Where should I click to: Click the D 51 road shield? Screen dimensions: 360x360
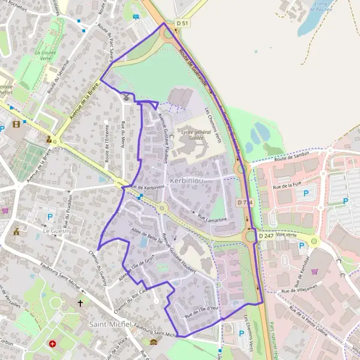click(x=182, y=23)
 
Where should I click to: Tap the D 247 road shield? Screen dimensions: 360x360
click(x=266, y=236)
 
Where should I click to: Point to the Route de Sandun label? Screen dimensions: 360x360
click(x=290, y=158)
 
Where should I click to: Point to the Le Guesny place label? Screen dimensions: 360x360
click(x=57, y=230)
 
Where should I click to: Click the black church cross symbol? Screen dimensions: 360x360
click(x=80, y=304)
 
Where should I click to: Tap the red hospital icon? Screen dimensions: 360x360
click(x=53, y=344)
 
